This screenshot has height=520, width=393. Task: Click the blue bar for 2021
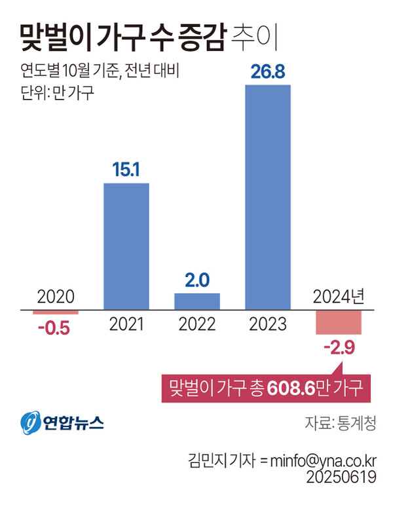[126, 246]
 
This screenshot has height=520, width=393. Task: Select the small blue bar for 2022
[197, 301]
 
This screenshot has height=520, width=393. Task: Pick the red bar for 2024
[339, 322]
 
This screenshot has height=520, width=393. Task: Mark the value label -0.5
[56, 327]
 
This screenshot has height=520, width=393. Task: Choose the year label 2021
[126, 324]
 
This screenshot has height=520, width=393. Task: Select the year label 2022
[197, 324]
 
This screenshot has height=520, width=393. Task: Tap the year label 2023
[268, 324]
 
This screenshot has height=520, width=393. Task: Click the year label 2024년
[338, 297]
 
